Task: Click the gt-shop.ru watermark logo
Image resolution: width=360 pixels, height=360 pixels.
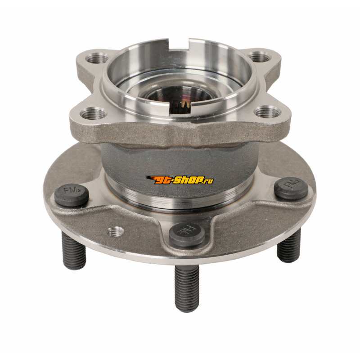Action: point(179,180)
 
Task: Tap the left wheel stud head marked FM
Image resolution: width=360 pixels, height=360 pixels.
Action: point(72,195)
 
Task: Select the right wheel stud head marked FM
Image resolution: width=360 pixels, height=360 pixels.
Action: point(291,188)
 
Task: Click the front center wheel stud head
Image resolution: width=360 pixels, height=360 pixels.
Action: point(187,234)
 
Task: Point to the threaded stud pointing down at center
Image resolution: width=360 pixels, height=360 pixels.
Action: point(187,288)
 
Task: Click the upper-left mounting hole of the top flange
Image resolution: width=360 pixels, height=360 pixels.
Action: point(97,58)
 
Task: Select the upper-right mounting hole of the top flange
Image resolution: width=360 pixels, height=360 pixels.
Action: point(260,57)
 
